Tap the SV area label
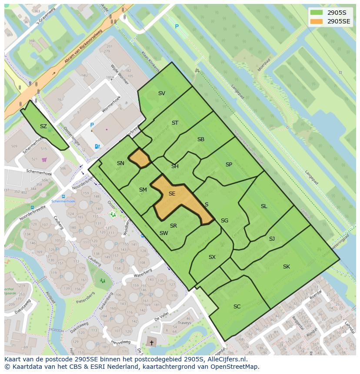[162, 93]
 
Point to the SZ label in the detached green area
[43, 126]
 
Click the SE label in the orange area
[172, 194]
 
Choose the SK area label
[286, 267]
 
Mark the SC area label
[237, 307]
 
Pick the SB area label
[201, 139]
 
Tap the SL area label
[264, 206]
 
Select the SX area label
[212, 257]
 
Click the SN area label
[120, 163]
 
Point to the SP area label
[229, 165]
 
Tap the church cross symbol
[151, 343]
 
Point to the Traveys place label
[184, 323]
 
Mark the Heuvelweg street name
[120, 343]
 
